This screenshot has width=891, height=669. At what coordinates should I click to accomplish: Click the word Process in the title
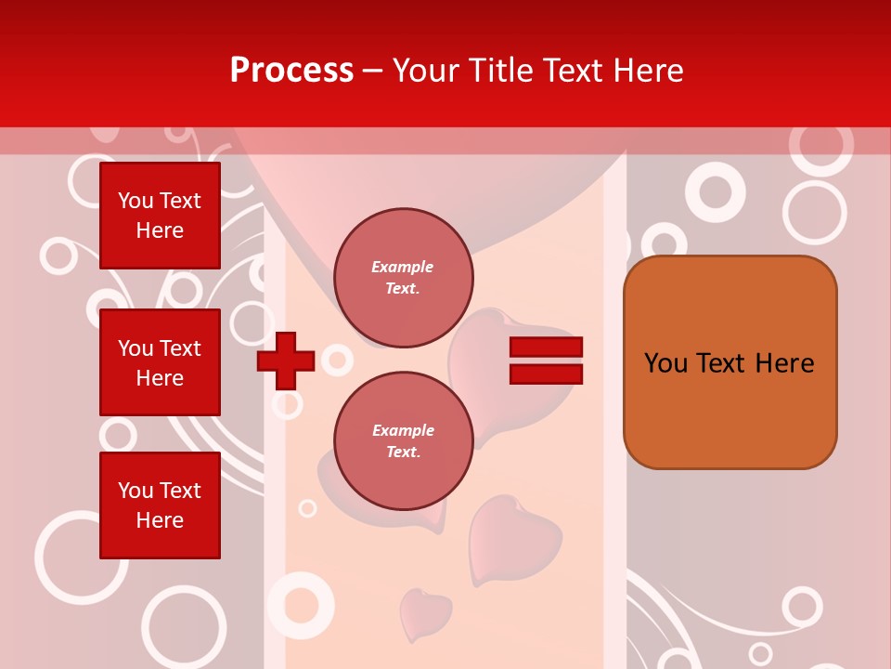(x=291, y=71)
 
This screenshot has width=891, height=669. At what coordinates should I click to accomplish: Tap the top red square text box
(x=160, y=216)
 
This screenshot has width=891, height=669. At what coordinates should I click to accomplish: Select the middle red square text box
(x=160, y=362)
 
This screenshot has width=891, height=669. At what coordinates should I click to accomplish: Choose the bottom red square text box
(x=160, y=505)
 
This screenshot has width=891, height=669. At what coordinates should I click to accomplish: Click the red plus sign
(x=286, y=361)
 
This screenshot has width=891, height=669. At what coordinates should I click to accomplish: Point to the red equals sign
(x=546, y=361)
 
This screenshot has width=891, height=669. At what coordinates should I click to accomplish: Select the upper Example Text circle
(x=403, y=278)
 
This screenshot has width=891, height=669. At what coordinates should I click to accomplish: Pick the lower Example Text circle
(x=403, y=441)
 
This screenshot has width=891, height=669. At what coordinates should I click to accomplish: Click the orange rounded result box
(x=730, y=362)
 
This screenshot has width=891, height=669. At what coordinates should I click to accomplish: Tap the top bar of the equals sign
(x=546, y=348)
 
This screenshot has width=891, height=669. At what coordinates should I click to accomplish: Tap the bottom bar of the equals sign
(x=546, y=374)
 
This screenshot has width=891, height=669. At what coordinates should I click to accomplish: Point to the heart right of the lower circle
(x=512, y=539)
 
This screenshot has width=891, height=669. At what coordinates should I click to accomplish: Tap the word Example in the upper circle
(x=403, y=267)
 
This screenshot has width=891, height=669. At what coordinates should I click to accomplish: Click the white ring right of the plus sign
(x=336, y=360)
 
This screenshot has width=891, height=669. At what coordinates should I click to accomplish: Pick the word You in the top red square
(x=136, y=201)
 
